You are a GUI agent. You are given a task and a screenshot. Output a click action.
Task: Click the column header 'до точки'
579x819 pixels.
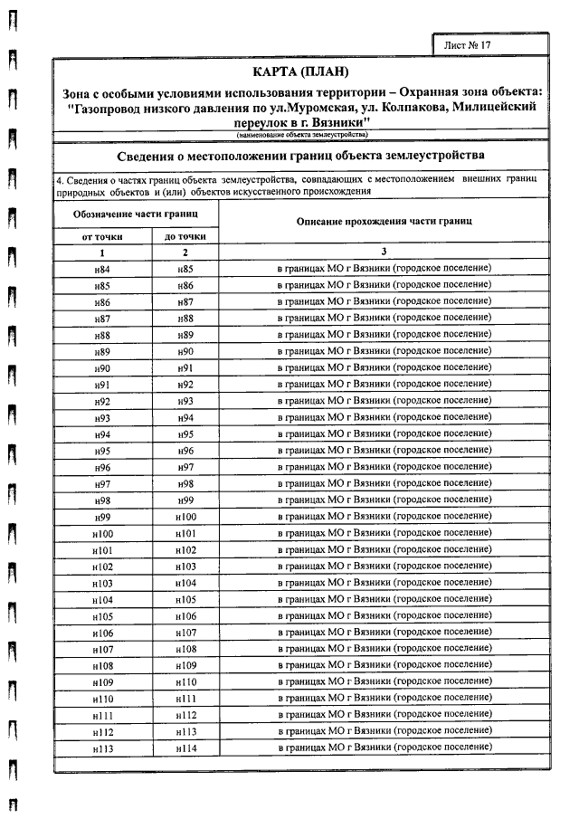185,236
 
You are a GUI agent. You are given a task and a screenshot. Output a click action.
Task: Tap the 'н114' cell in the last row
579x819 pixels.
185,749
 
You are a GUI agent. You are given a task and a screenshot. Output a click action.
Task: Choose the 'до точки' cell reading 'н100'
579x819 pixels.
185,518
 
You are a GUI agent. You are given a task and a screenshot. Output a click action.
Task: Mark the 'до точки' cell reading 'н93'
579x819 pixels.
185,402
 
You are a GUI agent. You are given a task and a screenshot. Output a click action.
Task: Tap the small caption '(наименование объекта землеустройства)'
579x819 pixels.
301,135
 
